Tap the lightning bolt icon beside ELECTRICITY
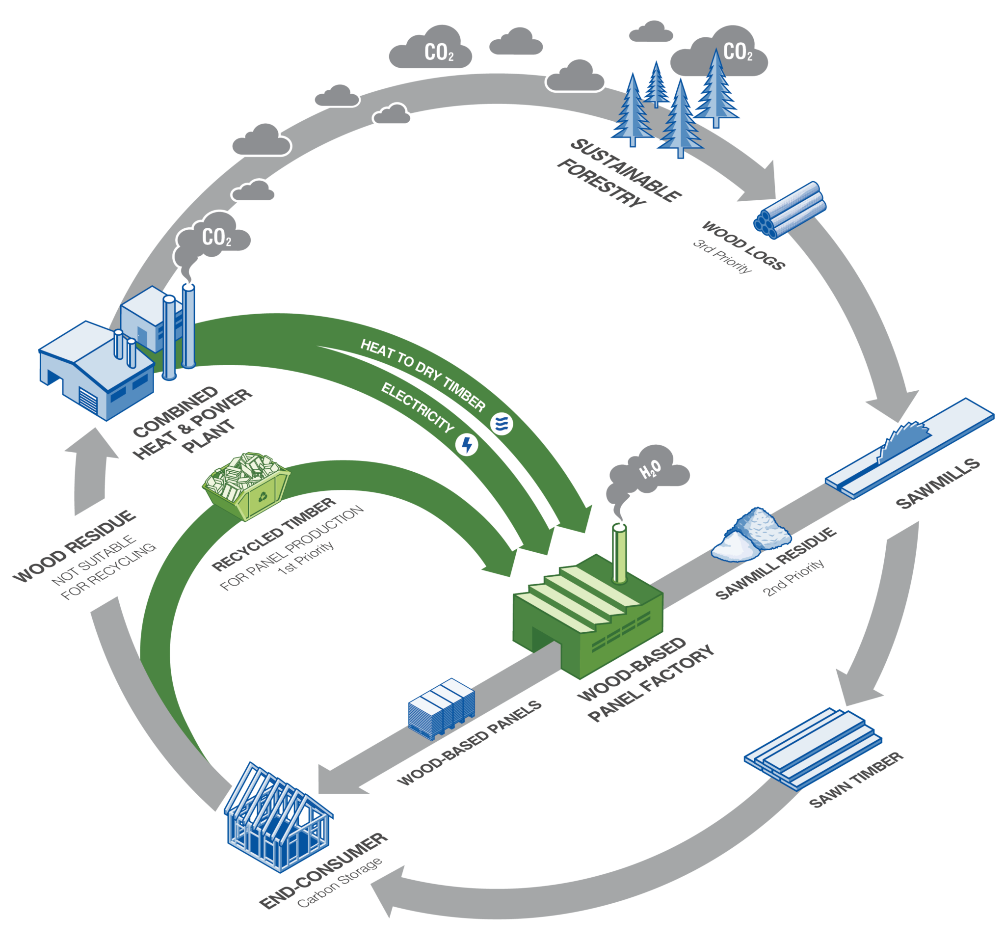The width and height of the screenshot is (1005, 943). (467, 445)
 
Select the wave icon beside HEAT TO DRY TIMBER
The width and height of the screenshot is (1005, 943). (502, 423)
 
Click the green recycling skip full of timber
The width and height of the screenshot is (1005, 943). (246, 485)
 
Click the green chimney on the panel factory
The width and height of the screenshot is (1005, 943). (619, 554)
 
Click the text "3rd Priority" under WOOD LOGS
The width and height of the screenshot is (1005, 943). (722, 256)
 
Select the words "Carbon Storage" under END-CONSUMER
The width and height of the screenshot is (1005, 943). (339, 883)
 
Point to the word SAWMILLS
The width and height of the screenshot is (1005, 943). (937, 484)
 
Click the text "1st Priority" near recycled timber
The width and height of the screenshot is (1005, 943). (305, 557)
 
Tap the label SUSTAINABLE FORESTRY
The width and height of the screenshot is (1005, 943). (619, 172)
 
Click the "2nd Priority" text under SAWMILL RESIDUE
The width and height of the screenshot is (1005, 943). (793, 577)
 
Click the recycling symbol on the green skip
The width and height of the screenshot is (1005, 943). (263, 496)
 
